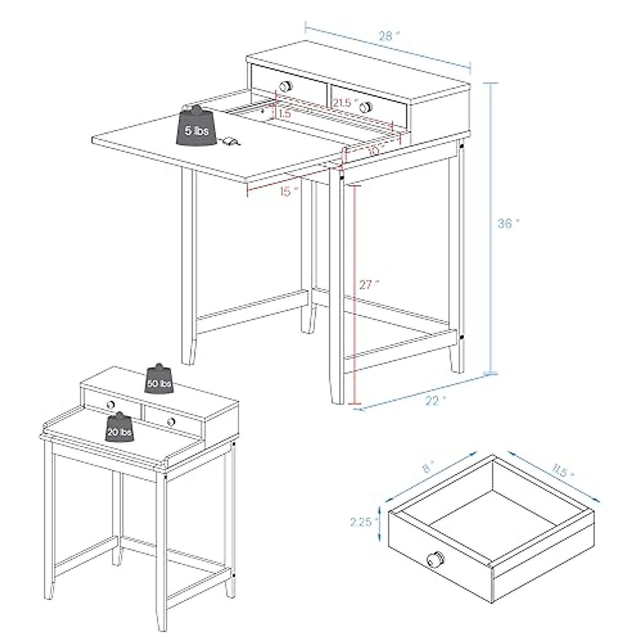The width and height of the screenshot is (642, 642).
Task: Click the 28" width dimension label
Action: (389, 36)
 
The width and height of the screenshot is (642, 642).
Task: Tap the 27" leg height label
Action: (368, 285)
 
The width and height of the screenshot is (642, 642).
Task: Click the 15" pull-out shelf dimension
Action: (288, 191)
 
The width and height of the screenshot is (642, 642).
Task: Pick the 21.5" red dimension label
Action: (343, 103)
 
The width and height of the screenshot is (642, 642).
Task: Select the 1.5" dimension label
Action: (284, 114)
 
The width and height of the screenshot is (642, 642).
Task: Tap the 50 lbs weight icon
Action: (159, 381)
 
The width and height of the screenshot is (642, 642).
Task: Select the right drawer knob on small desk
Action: (171, 423)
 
